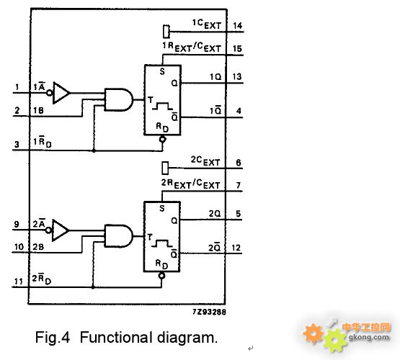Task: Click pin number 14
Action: pos(238,25)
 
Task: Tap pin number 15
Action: pos(237,49)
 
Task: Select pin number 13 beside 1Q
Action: pos(237,76)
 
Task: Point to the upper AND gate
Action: pos(119,99)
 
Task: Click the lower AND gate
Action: pos(119,236)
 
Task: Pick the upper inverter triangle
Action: pos(61,93)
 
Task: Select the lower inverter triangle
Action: pos(61,230)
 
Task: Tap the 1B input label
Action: pos(38,110)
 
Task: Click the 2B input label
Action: pos(38,247)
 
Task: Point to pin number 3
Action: pos(17,145)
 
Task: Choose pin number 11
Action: pos(18,282)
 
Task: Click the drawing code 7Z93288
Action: pos(209,312)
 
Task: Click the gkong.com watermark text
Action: pos(369,338)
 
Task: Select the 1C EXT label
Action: pos(207,24)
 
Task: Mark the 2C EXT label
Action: pos(205,161)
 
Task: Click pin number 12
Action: pos(236,248)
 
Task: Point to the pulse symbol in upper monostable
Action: pos(162,106)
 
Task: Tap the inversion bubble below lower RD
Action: pos(161,276)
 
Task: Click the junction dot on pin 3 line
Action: pos(94,150)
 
